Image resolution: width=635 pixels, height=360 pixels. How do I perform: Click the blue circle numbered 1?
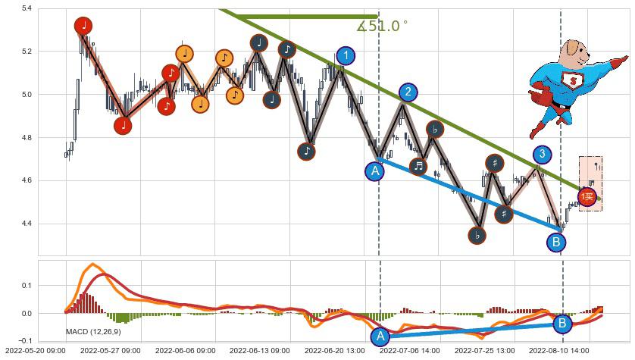(346, 55)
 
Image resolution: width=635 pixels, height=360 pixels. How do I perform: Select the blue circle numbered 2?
(408, 92)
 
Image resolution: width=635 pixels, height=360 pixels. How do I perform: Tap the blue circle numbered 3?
(541, 155)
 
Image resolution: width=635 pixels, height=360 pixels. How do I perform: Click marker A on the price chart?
(374, 171)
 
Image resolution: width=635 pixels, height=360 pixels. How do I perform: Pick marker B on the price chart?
(556, 243)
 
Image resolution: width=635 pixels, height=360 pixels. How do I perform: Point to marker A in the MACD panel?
(380, 337)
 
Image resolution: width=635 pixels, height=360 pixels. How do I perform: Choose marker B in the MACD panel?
(562, 324)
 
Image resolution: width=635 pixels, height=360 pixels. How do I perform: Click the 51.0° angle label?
(382, 27)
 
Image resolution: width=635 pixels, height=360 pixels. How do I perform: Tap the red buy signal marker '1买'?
(587, 197)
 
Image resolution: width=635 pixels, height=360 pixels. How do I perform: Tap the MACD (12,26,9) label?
(92, 332)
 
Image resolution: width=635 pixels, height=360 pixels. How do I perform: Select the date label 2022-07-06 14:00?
(408, 352)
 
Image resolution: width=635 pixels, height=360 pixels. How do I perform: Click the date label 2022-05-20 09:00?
(33, 352)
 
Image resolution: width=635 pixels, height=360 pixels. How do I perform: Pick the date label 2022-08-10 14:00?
(558, 352)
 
